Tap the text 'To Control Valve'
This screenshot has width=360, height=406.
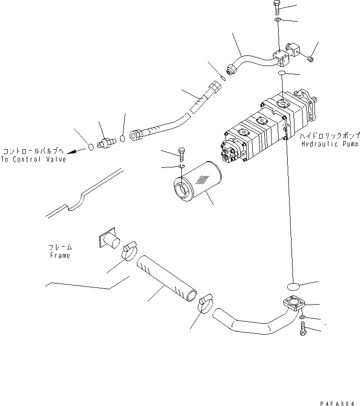[x=34, y=160]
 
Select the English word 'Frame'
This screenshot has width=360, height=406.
[x=60, y=255]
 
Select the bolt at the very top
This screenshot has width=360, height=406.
[x=278, y=7]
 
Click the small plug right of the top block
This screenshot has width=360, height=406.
[x=310, y=58]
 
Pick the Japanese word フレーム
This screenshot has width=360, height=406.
[x=60, y=247]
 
